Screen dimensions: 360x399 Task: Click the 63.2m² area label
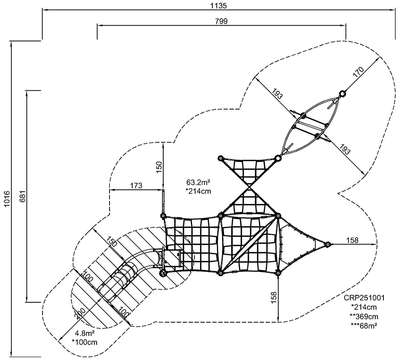199,182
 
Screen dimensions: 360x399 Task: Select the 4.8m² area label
85,334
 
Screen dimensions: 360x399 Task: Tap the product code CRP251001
364,298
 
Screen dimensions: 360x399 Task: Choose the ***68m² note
364,325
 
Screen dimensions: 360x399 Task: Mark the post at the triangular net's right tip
328,244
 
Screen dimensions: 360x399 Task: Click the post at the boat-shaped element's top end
342,93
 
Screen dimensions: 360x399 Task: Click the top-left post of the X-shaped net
220,158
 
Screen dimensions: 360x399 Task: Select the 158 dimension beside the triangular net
352,240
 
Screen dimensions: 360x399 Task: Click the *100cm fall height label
85,342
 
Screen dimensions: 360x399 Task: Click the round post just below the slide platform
163,273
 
